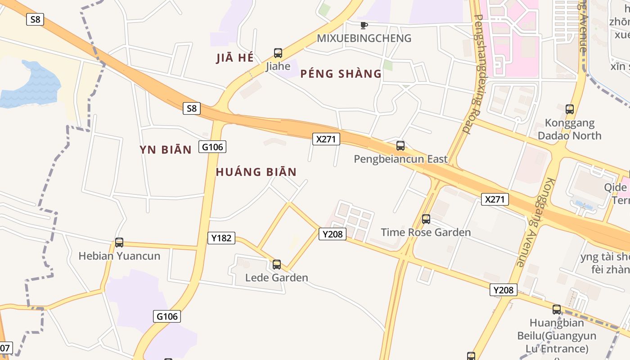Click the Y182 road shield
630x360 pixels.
(221, 238)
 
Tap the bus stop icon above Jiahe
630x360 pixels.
(278, 53)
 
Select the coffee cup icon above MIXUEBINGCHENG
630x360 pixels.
(364, 25)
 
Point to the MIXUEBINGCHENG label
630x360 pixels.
(364, 38)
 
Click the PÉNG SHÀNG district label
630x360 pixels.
(341, 74)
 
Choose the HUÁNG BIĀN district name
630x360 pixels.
(256, 172)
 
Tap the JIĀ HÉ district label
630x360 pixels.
(235, 58)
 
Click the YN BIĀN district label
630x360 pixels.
(166, 150)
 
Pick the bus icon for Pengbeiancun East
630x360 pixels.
(400, 146)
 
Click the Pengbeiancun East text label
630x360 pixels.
(400, 159)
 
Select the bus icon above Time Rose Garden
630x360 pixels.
(426, 219)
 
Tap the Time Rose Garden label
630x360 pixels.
(426, 232)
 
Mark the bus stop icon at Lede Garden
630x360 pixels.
(277, 265)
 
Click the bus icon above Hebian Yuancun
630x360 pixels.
(119, 243)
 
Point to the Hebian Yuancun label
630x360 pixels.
(119, 256)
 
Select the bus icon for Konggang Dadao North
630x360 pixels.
(570, 109)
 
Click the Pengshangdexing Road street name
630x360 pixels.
(472, 74)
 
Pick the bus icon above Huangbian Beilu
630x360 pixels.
(557, 310)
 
